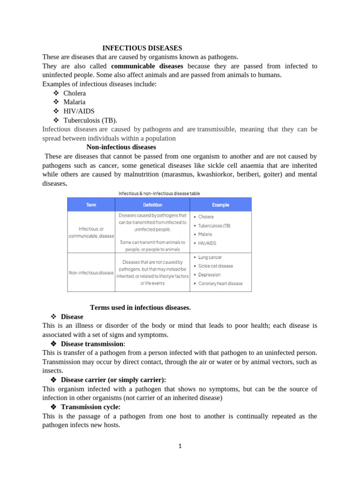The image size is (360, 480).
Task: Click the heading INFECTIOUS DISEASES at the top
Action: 142,48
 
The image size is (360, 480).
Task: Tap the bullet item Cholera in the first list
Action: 75,93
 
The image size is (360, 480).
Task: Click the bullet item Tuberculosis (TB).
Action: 90,120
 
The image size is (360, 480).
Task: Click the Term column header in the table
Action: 91,205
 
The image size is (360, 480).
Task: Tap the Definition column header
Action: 152,205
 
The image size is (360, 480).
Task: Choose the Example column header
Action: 220,205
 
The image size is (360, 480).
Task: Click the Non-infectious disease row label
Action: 91,272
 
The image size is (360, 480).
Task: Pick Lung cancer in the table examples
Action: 210,257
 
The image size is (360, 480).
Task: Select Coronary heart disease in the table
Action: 220,284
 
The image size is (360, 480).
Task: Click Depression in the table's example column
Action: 209,275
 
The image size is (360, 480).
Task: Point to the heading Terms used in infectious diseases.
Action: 140,307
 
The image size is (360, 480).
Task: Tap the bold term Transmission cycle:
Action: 90,407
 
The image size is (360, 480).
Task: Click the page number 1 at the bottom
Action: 180,446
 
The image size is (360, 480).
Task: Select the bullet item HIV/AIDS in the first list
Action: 79,111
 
